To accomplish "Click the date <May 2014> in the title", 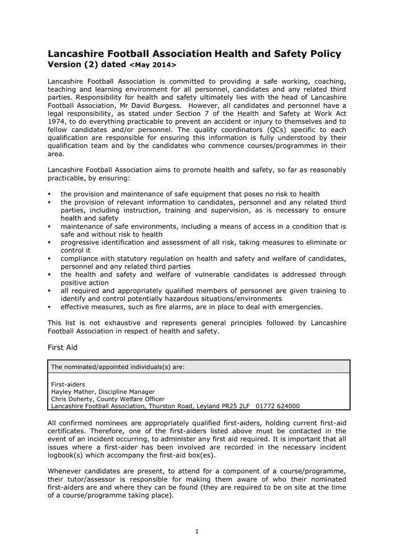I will click(152, 65).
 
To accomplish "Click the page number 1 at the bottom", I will click(197, 531).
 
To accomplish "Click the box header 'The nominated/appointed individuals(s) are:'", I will click(118, 366).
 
